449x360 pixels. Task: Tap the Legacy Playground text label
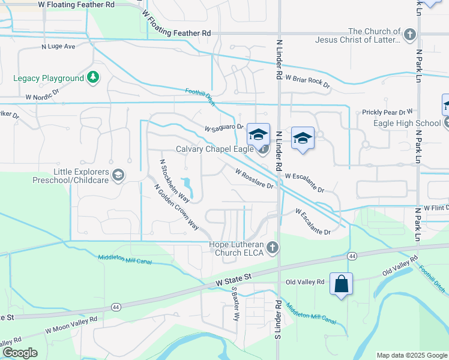click(49, 79)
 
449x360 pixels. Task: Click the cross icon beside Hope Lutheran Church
click(273, 247)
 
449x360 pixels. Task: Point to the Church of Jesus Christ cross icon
click(411, 34)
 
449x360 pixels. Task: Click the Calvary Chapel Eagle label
click(214, 149)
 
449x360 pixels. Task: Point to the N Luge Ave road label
click(58, 46)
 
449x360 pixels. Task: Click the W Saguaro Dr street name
click(223, 128)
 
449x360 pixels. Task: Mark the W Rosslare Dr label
click(255, 178)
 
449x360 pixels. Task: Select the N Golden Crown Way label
click(176, 207)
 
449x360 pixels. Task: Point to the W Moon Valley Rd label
click(71, 326)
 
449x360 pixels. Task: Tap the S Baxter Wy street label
click(235, 304)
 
